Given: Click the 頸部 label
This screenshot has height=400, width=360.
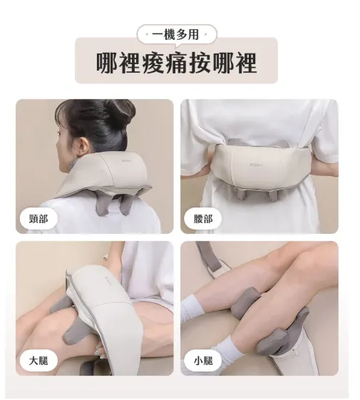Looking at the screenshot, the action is click(x=38, y=219).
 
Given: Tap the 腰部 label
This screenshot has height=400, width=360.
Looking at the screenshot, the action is click(x=203, y=219).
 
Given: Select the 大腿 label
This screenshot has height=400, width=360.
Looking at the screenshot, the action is click(x=38, y=361).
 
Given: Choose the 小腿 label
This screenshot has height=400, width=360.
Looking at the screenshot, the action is click(x=203, y=361).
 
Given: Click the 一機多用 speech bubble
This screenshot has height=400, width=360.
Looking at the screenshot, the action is click(x=177, y=35).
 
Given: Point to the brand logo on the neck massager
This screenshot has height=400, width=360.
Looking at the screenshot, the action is click(x=127, y=161).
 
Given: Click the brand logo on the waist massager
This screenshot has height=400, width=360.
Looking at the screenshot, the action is click(x=256, y=164).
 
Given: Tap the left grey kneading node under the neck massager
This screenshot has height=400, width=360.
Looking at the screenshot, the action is click(x=103, y=206).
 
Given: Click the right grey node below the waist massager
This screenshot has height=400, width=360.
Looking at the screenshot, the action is click(x=272, y=195).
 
